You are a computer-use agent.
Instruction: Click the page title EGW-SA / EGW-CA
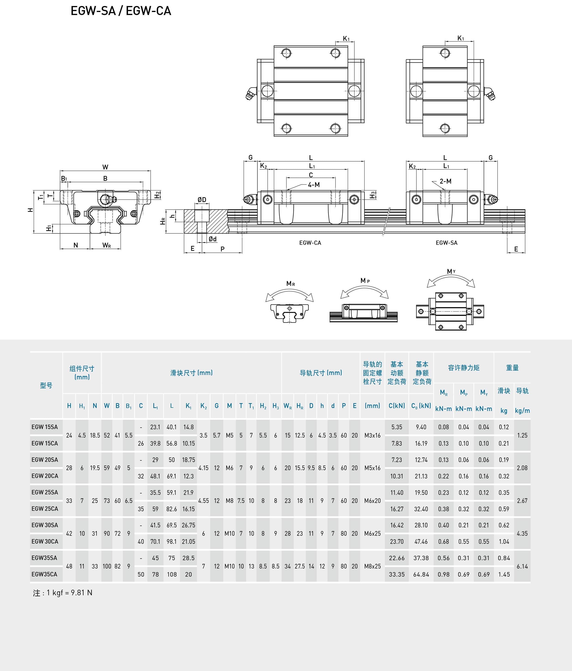point(121,11)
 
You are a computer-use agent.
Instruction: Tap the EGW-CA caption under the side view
point(310,243)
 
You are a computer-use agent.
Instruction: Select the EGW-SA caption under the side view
point(447,243)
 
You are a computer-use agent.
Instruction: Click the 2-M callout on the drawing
point(446,181)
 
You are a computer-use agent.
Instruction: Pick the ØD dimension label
point(202,200)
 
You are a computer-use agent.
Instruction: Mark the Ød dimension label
point(213,239)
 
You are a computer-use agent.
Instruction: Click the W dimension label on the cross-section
point(105,167)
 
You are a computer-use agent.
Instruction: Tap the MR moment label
point(291,284)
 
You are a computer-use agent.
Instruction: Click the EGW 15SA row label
point(45,427)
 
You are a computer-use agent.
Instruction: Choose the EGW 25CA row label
point(45,509)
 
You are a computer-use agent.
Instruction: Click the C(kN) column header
point(397,406)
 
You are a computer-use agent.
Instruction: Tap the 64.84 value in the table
point(421,574)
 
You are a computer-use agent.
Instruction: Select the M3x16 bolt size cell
point(372,435)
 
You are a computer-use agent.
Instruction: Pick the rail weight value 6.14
point(522,566)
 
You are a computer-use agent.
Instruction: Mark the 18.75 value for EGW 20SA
point(188,460)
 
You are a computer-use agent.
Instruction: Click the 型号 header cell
point(46,385)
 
